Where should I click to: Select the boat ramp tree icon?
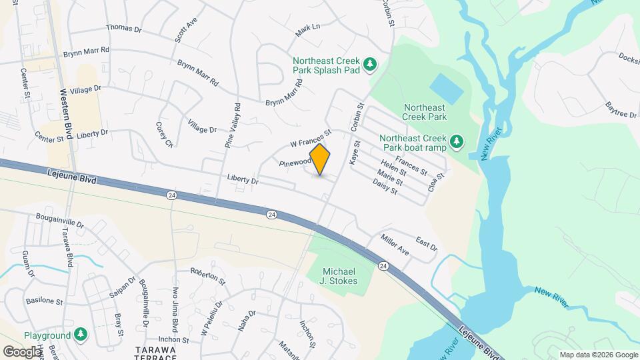coord(457,141)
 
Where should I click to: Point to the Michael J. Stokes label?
coord(340,276)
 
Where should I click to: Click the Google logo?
coord(21,351)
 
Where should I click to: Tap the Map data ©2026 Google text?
coord(597,355)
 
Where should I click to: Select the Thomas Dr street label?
coord(124,29)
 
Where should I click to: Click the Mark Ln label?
coord(308,29)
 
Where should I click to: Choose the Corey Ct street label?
coord(164,135)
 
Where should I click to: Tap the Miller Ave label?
coord(395,245)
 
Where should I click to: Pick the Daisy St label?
coord(385,186)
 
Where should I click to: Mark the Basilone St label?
coord(44,301)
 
